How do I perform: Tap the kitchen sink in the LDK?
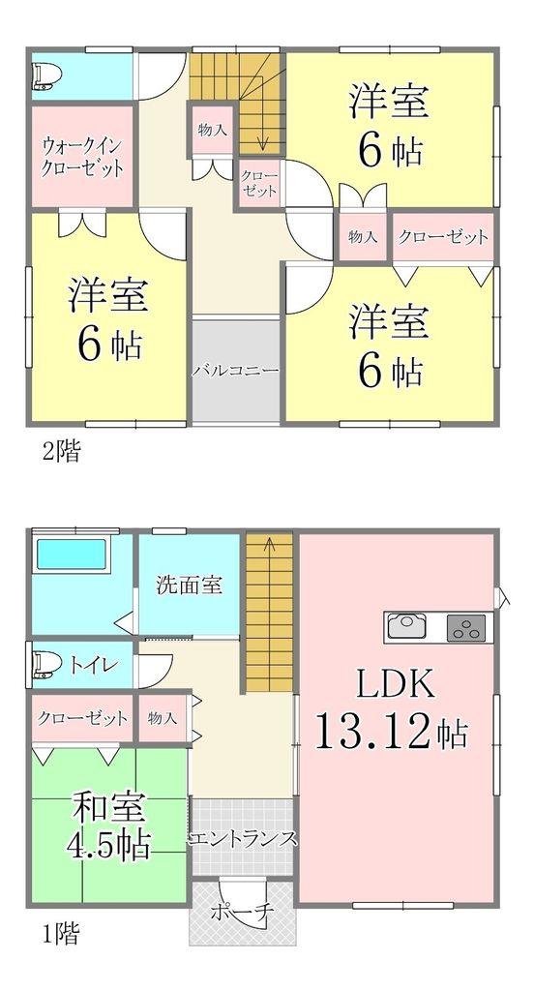point(406,627)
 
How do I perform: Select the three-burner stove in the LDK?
point(466,627)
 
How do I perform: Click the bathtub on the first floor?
point(71,554)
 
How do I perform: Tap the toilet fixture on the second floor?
point(45,75)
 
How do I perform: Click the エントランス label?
point(242,838)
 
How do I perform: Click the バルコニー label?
point(236,370)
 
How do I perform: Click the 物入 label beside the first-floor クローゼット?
point(163,718)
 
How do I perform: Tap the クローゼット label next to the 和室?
point(82,718)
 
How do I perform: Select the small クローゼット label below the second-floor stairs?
point(258,184)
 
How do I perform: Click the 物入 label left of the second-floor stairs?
point(212,132)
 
